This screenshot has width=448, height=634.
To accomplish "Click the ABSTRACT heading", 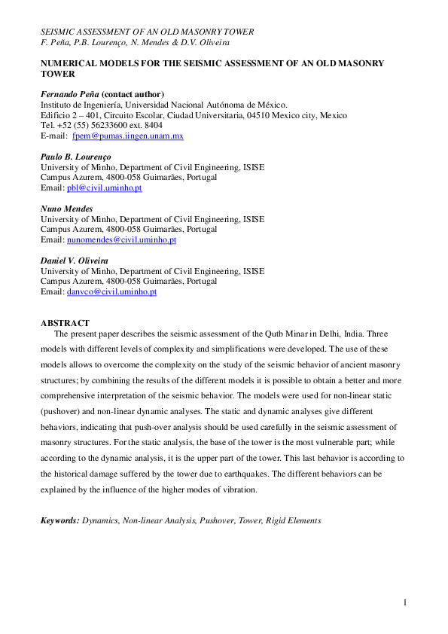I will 65,322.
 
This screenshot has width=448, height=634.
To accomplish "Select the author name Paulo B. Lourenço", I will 77,156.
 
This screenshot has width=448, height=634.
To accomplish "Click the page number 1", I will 405,603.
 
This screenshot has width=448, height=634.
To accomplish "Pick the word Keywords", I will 59,520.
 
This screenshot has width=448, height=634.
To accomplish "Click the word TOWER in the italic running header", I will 238,32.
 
